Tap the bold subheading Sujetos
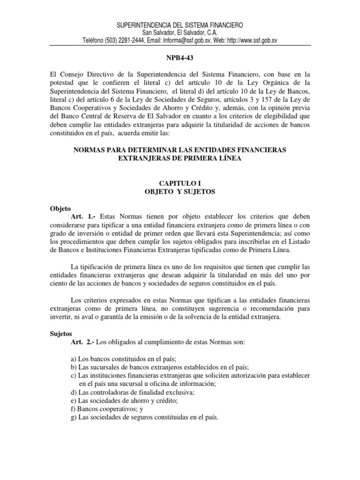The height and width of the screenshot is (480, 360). coord(60,334)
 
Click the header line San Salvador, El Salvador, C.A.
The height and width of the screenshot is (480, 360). coord(180,32)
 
